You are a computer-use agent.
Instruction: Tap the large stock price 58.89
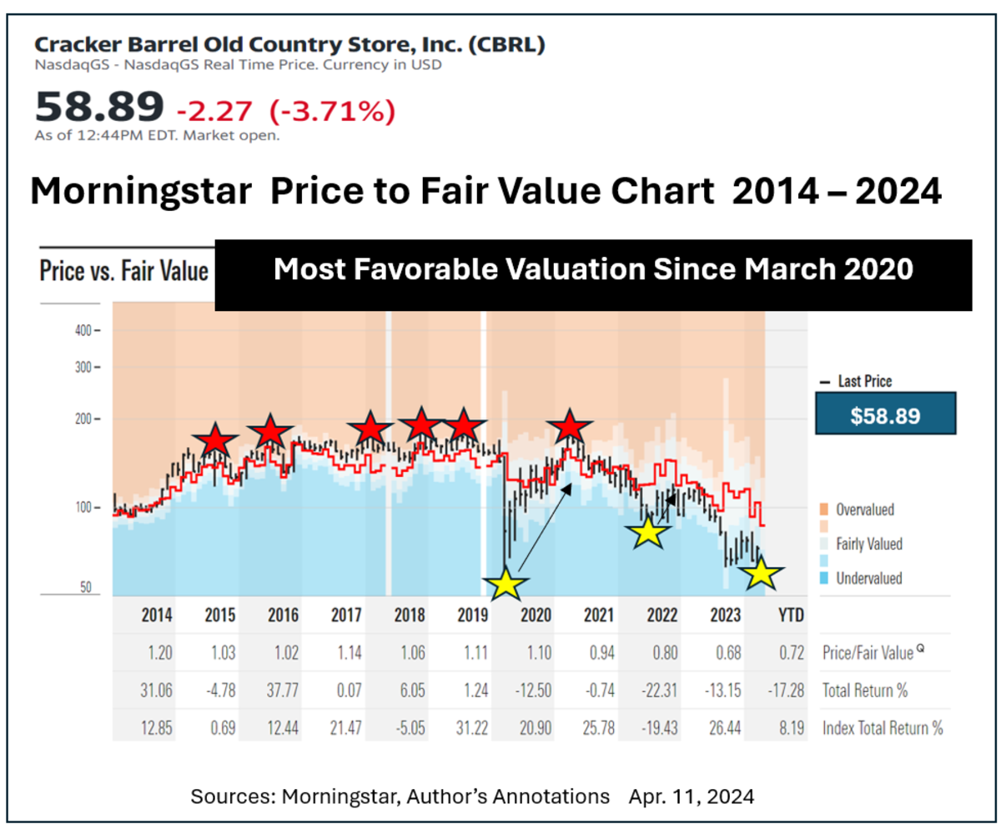pyautogui.click(x=99, y=107)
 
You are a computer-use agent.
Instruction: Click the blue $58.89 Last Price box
pyautogui.click(x=885, y=415)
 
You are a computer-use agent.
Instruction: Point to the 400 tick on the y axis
pyautogui.click(x=88, y=330)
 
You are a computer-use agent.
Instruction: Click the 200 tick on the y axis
pyautogui.click(x=88, y=419)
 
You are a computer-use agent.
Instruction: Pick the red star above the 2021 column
pyautogui.click(x=571, y=427)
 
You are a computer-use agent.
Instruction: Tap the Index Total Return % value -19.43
pyautogui.click(x=661, y=728)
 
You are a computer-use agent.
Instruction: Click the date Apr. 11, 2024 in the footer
pyautogui.click(x=692, y=796)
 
